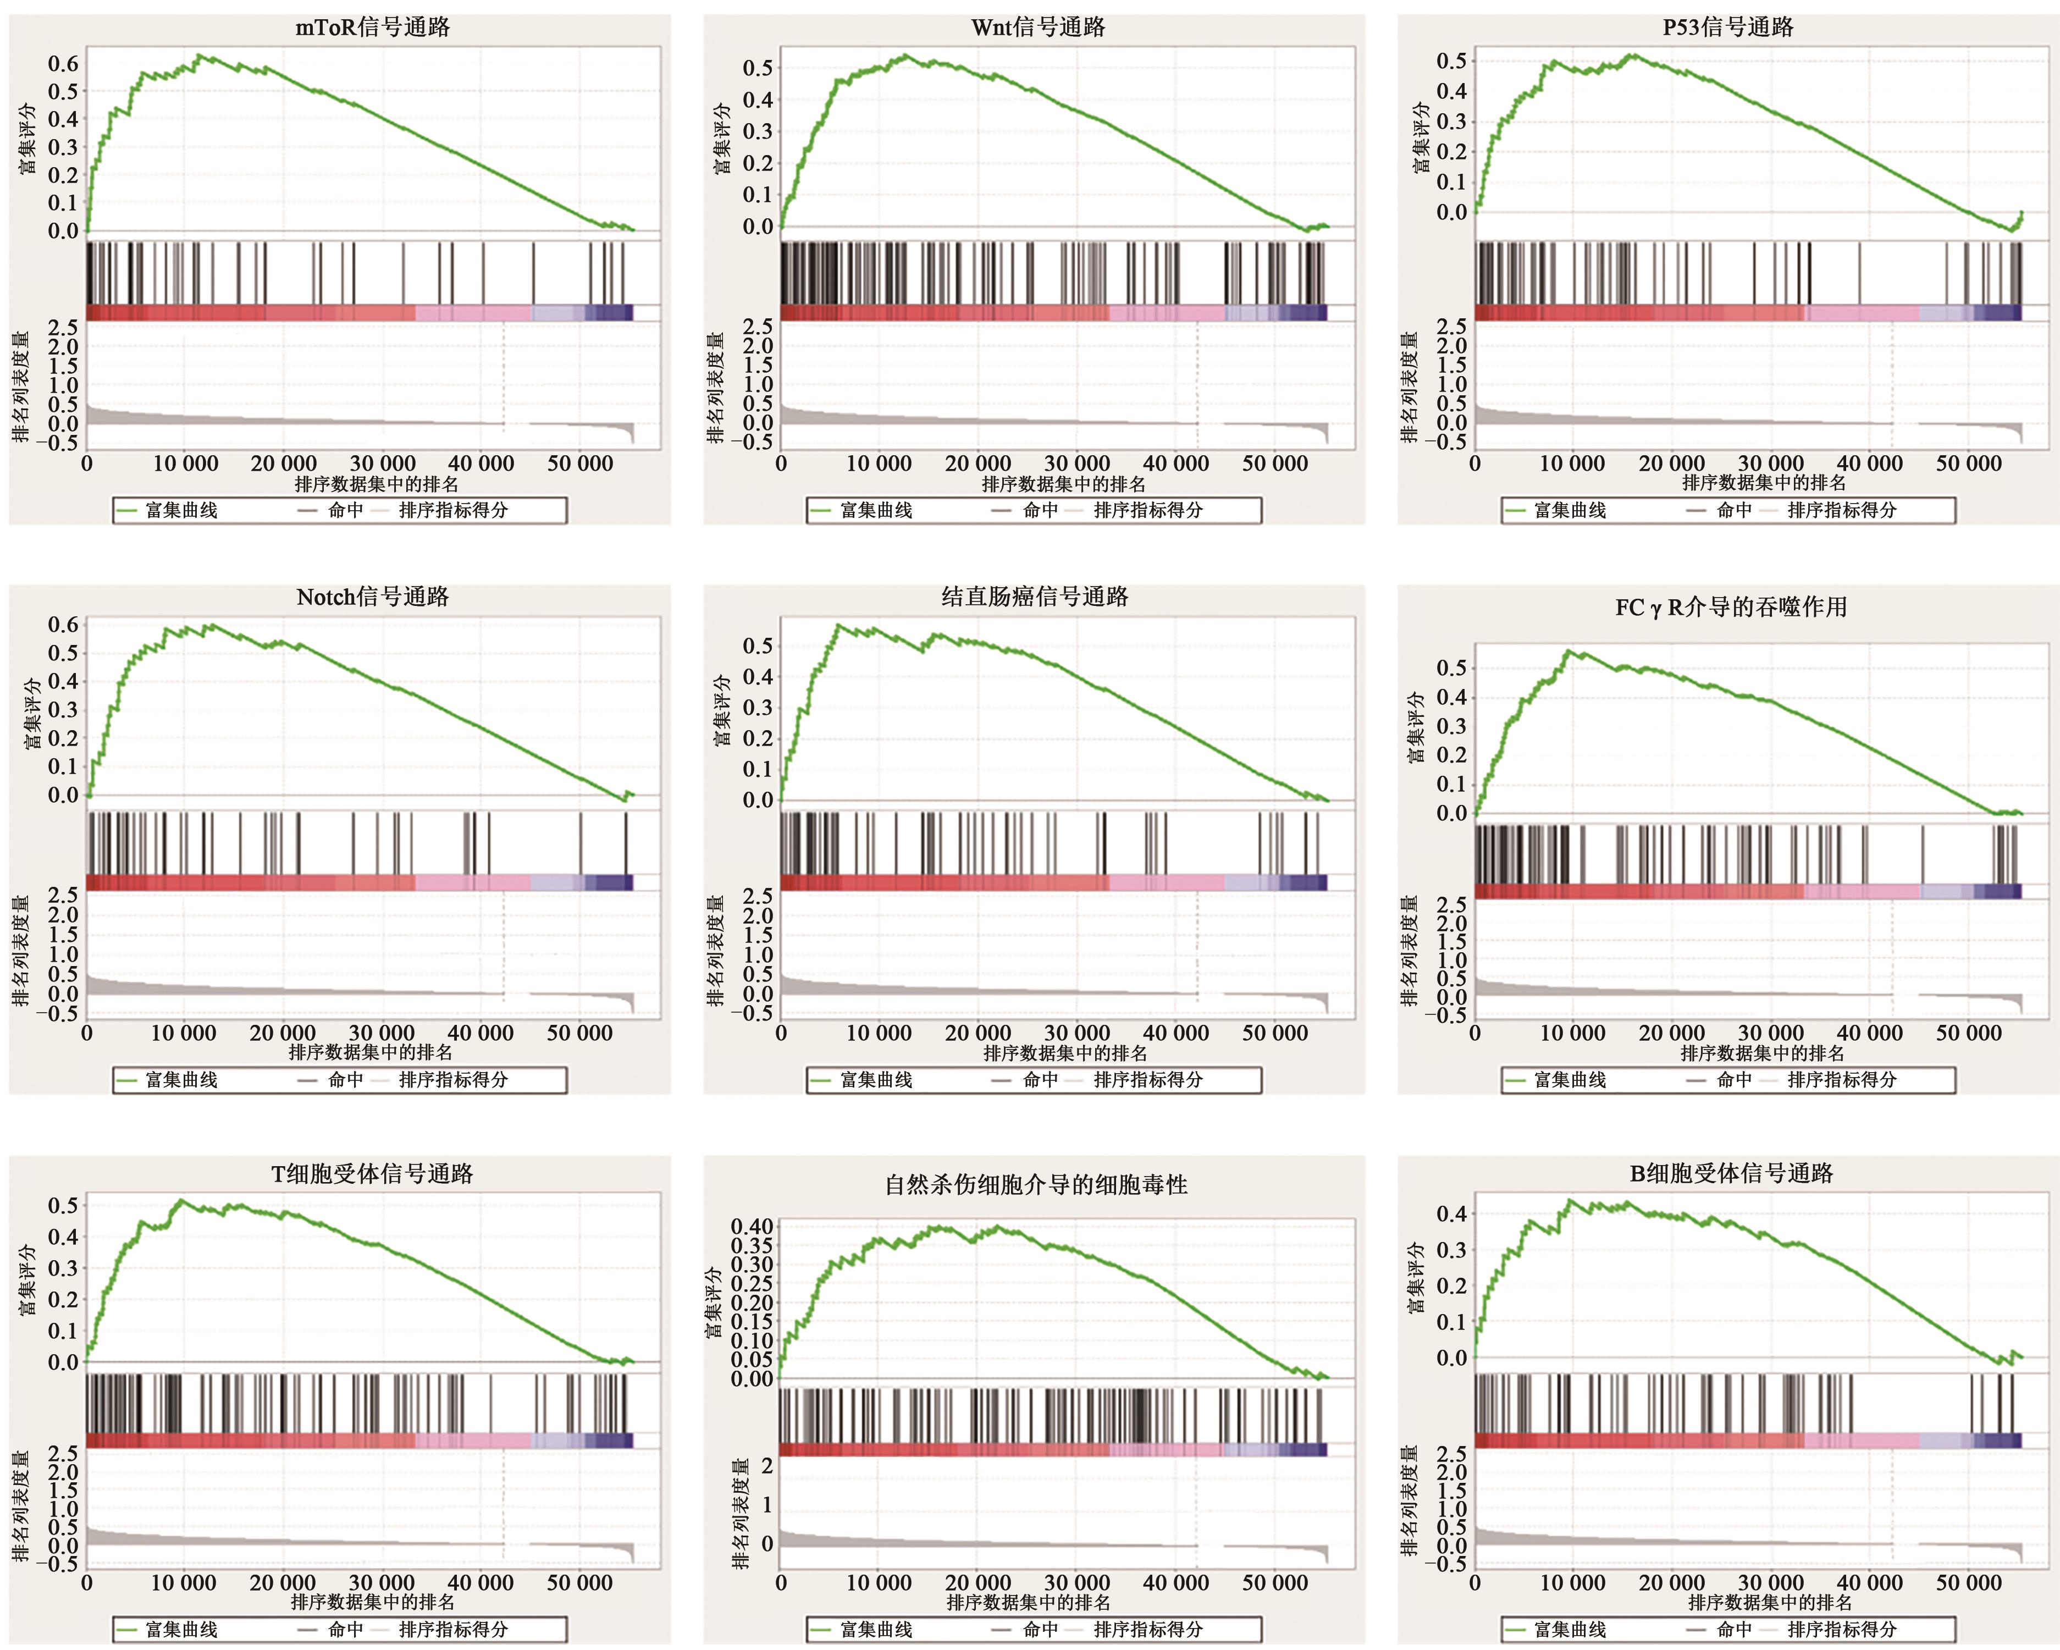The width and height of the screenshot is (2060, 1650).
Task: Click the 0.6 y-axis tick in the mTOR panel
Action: (63, 64)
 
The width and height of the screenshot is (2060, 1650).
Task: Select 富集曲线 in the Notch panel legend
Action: (181, 1080)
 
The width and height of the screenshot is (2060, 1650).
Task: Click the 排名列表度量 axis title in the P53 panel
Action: (1409, 387)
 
